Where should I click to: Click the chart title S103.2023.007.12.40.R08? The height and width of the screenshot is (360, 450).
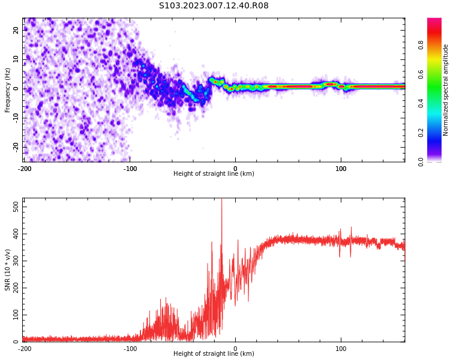[214, 6]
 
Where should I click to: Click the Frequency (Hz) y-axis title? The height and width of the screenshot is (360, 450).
[7, 90]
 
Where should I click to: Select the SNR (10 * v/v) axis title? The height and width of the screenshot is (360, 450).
[8, 270]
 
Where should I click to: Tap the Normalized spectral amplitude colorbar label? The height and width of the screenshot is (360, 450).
[446, 90]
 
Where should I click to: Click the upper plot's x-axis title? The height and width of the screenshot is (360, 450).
[214, 174]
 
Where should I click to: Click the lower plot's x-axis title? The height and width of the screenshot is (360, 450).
[214, 354]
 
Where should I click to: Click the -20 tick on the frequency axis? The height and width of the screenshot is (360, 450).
[16, 146]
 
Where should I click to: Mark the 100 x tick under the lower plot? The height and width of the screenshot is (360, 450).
[341, 349]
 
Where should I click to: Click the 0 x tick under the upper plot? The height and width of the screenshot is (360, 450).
[235, 169]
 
